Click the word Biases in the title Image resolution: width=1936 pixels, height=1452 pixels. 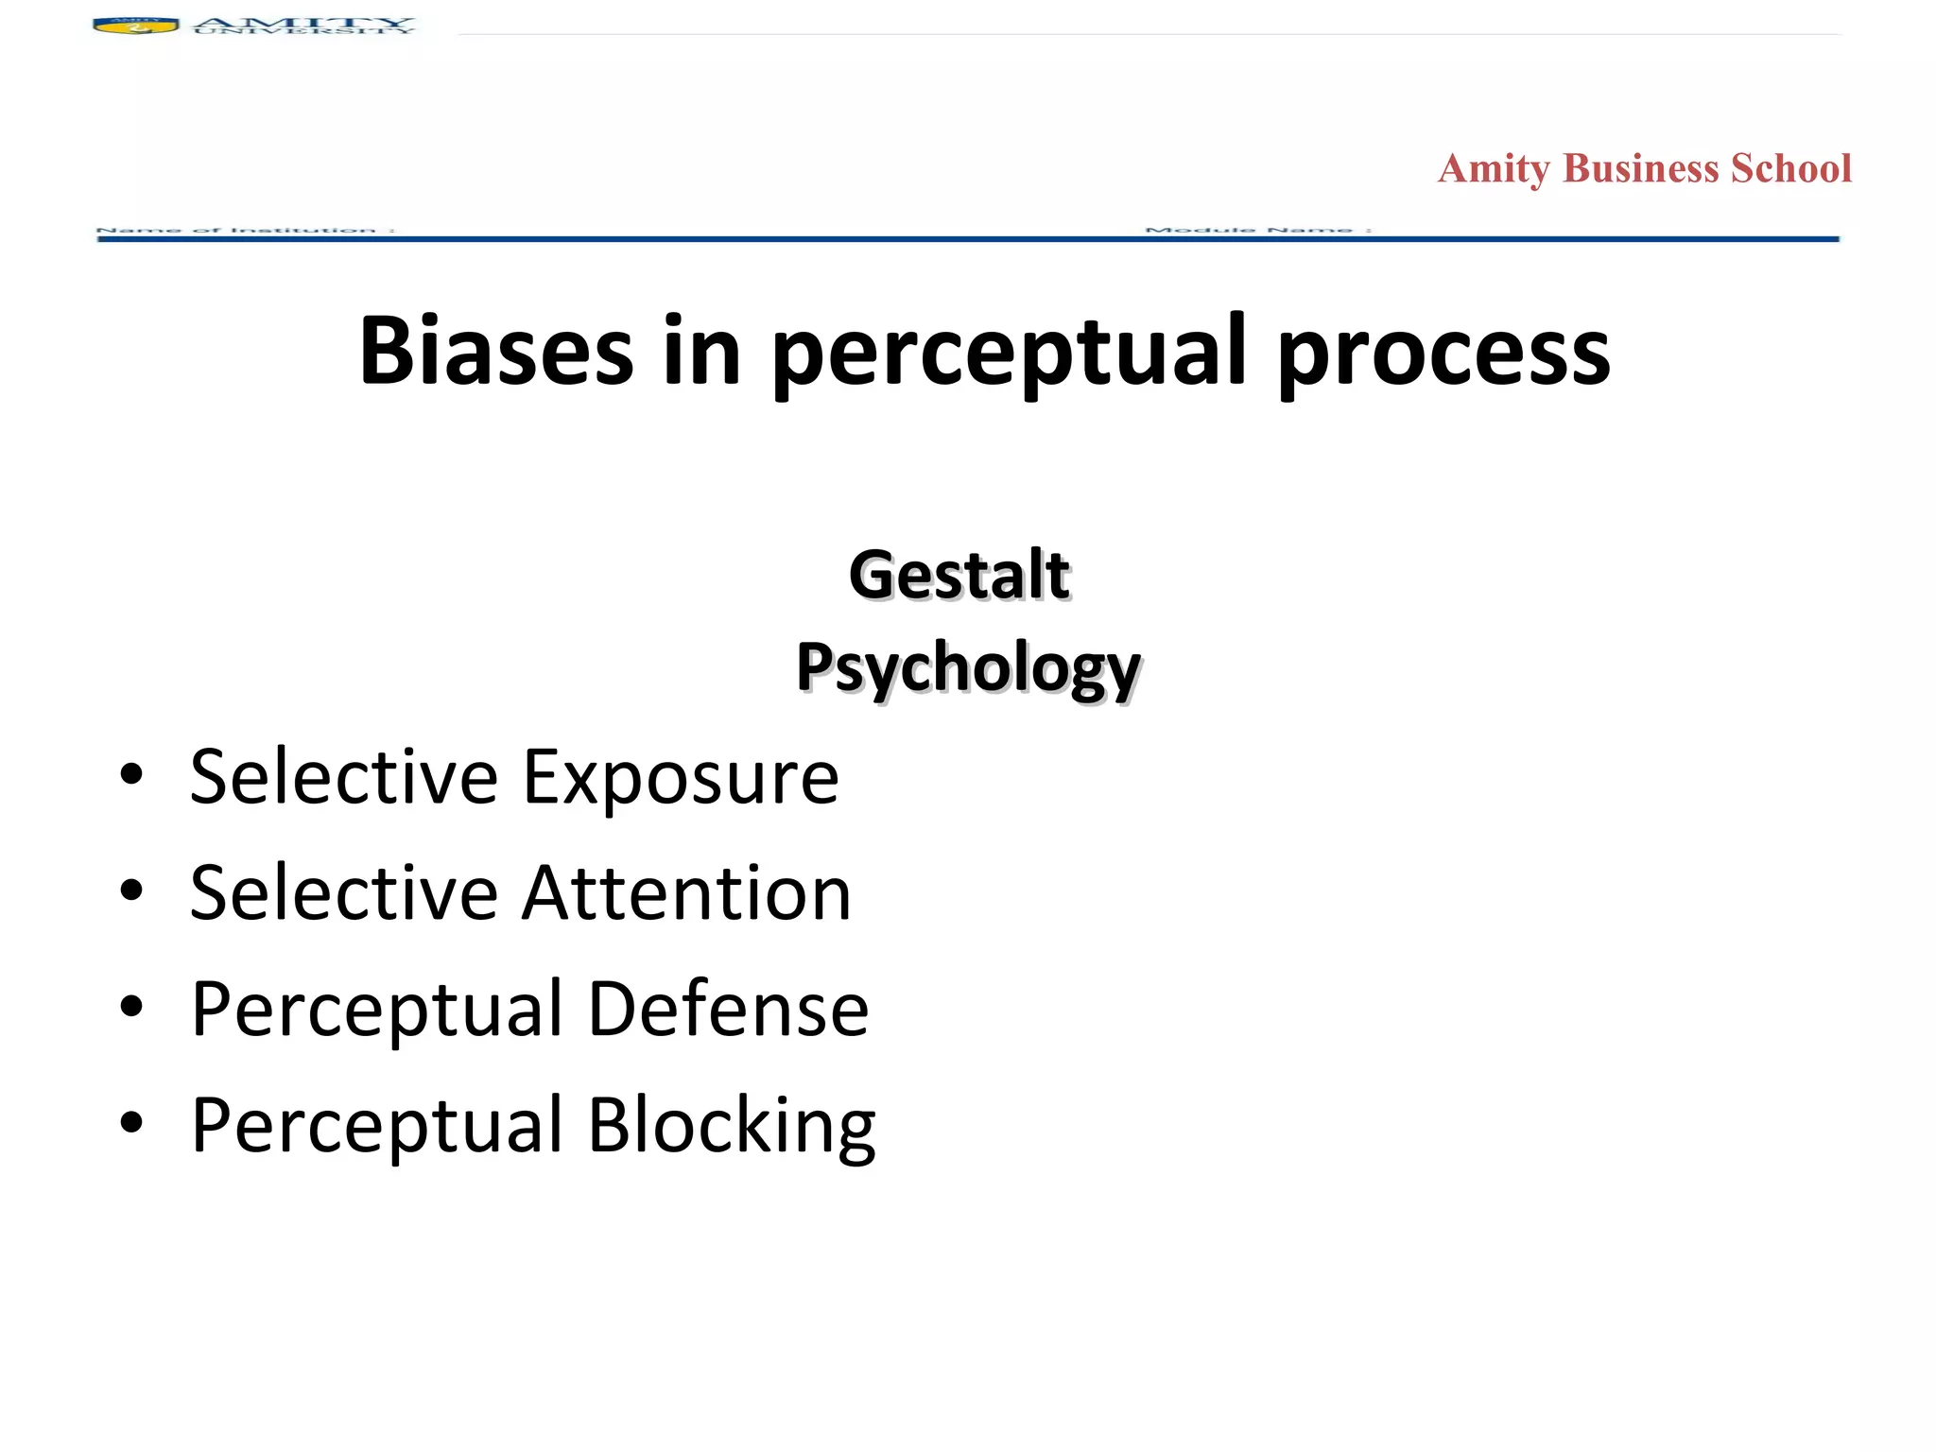pos(495,352)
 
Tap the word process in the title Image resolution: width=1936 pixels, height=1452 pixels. pos(1443,352)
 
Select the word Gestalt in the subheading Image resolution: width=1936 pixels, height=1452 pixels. pos(959,575)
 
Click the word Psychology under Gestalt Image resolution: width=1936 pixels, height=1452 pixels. pos(968,667)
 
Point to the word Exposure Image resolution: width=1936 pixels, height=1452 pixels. pos(681,777)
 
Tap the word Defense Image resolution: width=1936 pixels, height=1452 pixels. pos(728,1009)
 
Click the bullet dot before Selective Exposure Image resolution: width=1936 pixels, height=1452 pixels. pos(131,776)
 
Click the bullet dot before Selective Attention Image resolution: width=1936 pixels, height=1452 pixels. pos(131,891)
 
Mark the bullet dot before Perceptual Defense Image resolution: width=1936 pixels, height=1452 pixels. pos(131,1008)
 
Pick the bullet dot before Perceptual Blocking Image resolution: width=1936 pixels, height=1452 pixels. pos(131,1123)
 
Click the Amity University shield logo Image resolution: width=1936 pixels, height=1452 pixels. pos(136,26)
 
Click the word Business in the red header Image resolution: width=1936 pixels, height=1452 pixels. pos(1640,169)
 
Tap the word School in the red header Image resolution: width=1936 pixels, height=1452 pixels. pos(1790,169)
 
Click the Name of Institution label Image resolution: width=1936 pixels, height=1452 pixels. pos(245,230)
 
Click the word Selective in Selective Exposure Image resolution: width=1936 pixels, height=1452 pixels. pos(343,777)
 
